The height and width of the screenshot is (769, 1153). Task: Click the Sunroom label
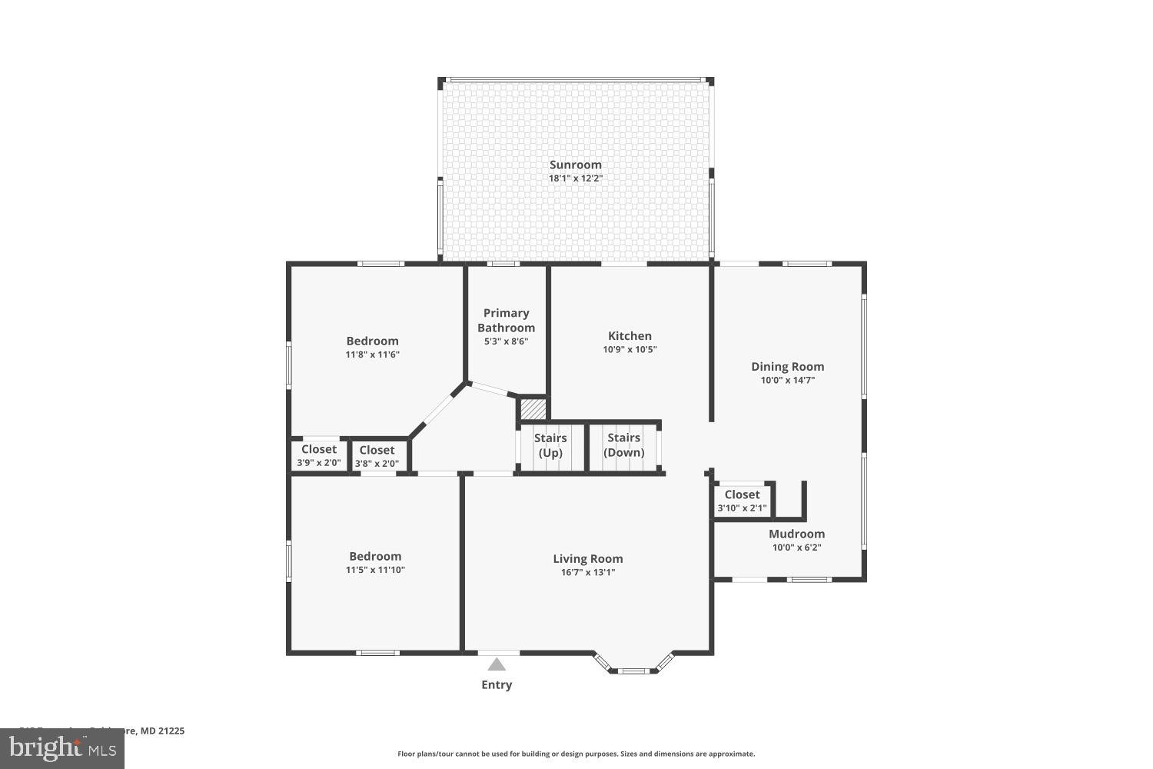(x=575, y=165)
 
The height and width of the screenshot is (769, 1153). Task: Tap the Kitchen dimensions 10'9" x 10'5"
(x=630, y=349)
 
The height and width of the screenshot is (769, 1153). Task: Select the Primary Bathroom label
(x=506, y=320)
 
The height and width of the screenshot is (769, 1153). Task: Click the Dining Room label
(x=787, y=367)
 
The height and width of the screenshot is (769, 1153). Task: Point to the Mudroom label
(x=796, y=534)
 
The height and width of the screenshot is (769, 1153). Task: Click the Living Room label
(x=587, y=559)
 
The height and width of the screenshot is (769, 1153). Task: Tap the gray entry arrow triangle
(x=497, y=664)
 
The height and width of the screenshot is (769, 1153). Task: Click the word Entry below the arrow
(x=497, y=684)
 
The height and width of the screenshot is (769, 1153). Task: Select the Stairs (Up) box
(x=550, y=446)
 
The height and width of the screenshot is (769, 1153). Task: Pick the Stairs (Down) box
(x=623, y=445)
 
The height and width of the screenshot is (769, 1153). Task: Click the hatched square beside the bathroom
(x=533, y=408)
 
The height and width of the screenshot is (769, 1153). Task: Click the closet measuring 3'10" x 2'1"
(x=742, y=501)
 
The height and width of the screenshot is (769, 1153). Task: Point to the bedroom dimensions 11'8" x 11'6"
(x=372, y=355)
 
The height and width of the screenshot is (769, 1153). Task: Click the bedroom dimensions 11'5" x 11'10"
(x=375, y=570)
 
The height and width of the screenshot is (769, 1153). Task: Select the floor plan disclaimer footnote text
(x=576, y=754)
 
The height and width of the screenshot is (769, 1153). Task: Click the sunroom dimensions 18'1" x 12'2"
(x=575, y=178)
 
